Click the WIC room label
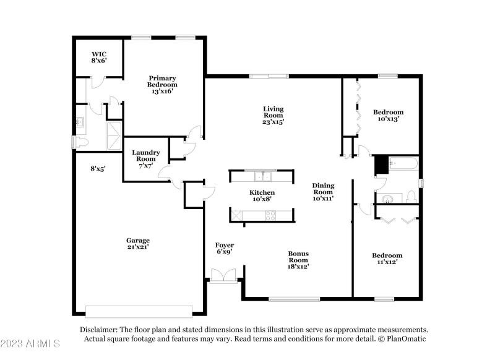[x=99, y=58]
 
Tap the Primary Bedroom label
[x=162, y=85]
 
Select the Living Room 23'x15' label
[x=272, y=116]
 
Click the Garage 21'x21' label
[x=138, y=244]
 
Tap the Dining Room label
[x=323, y=192]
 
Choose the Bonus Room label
[x=298, y=260]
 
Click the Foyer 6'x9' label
[x=225, y=248]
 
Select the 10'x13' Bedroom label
[x=388, y=116]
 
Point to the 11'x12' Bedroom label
[x=387, y=259]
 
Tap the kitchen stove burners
[x=270, y=215]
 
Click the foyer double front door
[x=224, y=276]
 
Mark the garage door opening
[x=139, y=310]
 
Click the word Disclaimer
[x=98, y=330]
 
